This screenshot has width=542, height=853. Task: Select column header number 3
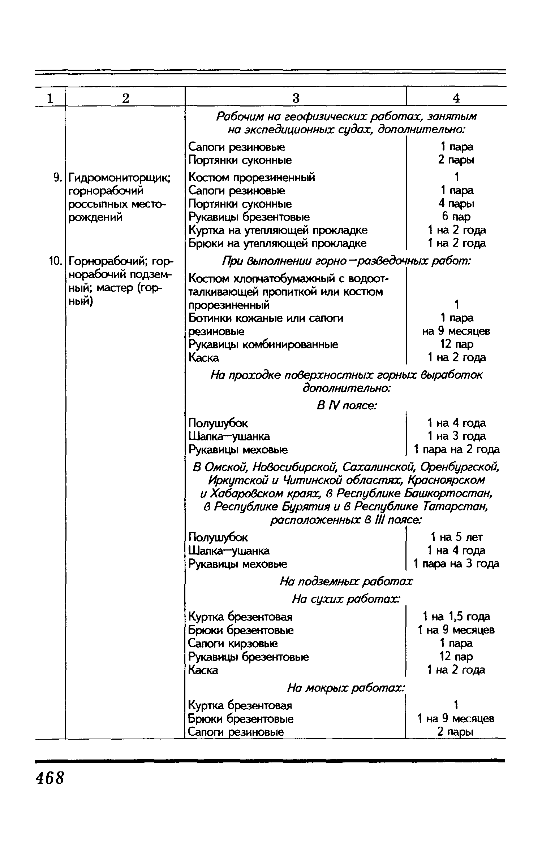[x=296, y=98]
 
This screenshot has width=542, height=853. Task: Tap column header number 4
[x=456, y=98]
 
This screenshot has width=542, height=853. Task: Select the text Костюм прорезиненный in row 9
[x=252, y=177]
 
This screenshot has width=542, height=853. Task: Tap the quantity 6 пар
[x=456, y=217]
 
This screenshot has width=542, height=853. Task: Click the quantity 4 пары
[x=456, y=204]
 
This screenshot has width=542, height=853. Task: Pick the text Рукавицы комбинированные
[x=263, y=344]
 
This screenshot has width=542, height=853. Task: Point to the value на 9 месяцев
[x=456, y=331]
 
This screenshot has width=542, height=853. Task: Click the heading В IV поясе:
[x=347, y=406]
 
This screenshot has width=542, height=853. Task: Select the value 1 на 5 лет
[x=456, y=537]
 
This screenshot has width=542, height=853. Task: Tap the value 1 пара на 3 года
[x=456, y=563]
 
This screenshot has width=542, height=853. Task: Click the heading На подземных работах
[x=346, y=582]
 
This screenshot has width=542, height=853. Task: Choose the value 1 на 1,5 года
[x=456, y=616]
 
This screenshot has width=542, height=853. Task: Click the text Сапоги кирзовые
[x=233, y=643]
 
